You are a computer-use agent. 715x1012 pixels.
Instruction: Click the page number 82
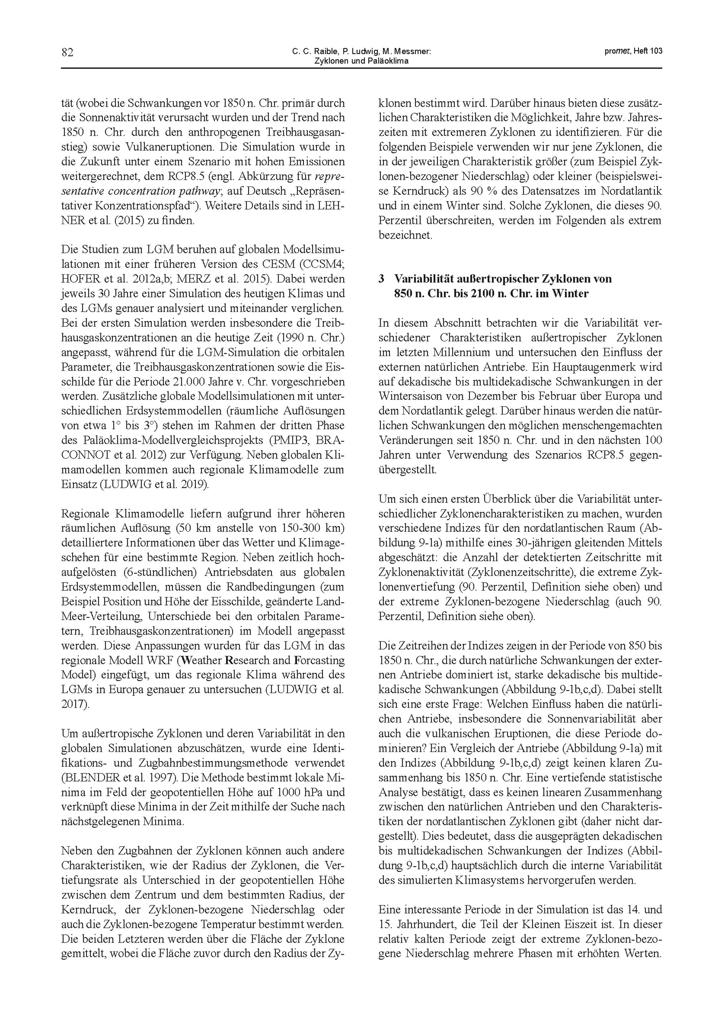[x=67, y=53]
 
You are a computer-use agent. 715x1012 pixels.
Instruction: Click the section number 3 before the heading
[x=381, y=279]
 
